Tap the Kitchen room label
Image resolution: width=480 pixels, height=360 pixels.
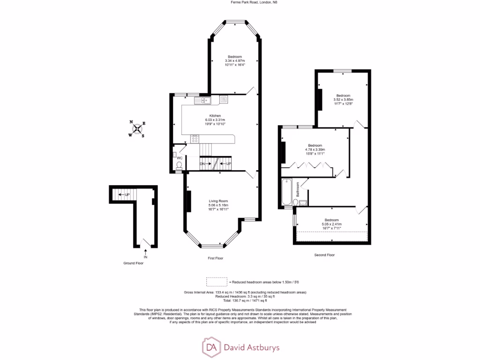pyautogui.click(x=215, y=116)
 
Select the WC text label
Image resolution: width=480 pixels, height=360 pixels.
pyautogui.click(x=179, y=158)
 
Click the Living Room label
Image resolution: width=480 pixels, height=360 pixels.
pyautogui.click(x=218, y=201)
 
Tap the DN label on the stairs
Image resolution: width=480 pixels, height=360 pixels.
pyautogui.click(x=202, y=164)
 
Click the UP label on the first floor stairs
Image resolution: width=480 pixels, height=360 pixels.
pyautogui.click(x=228, y=164)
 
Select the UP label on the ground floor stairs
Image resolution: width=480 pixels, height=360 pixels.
pyautogui.click(x=127, y=195)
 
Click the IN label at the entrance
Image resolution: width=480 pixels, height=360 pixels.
pyautogui.click(x=145, y=257)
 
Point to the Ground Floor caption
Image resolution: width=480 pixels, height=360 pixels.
pyautogui.click(x=134, y=263)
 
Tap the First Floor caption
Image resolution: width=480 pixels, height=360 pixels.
pyautogui.click(x=216, y=258)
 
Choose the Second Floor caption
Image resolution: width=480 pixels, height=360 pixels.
pyautogui.click(x=324, y=255)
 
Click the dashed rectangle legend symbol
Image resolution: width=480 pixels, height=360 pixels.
pyautogui.click(x=216, y=282)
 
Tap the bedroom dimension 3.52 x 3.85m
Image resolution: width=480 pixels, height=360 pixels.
pyautogui.click(x=343, y=100)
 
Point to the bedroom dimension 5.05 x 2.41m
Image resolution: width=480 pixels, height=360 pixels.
pyautogui.click(x=331, y=224)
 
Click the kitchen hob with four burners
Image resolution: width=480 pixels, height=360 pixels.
pyautogui.click(x=195, y=139)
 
